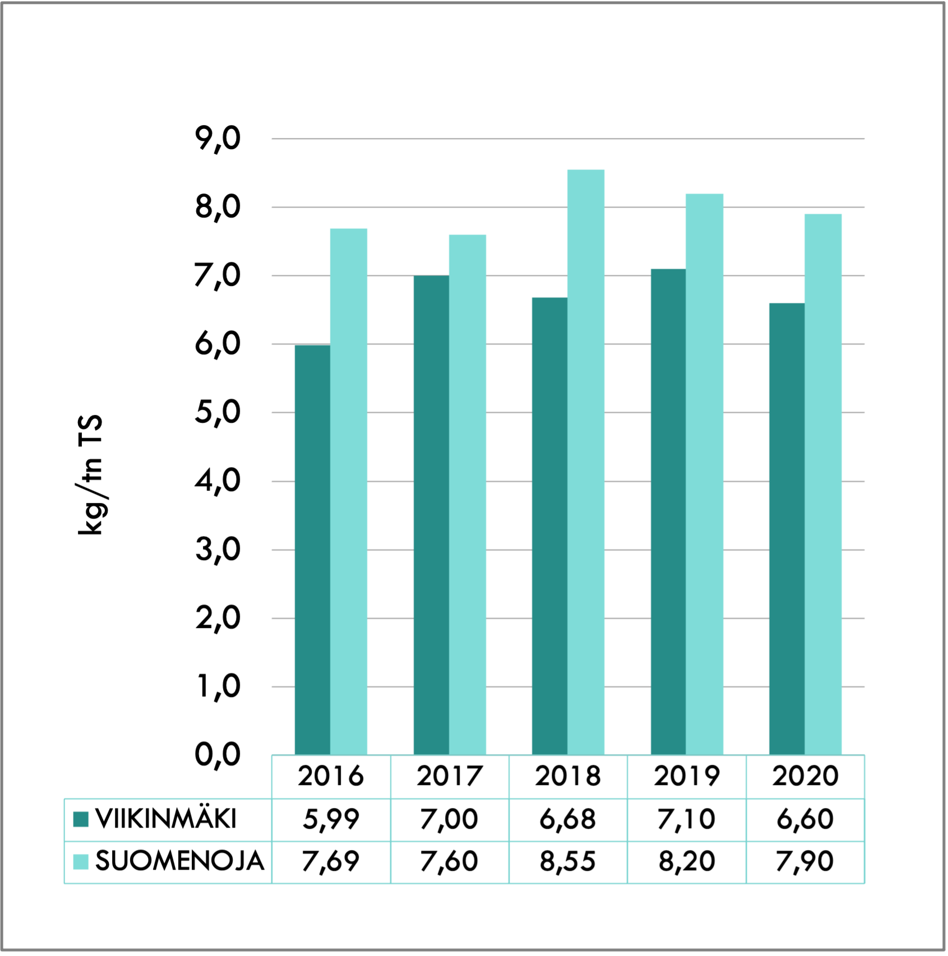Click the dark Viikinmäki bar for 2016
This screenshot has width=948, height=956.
(x=312, y=549)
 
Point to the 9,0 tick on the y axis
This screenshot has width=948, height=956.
(x=218, y=138)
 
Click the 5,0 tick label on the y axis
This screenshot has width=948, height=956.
(x=218, y=413)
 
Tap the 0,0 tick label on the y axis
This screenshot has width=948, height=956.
(x=218, y=755)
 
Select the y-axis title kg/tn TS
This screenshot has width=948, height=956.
(x=90, y=475)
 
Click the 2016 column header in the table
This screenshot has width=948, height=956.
(x=331, y=777)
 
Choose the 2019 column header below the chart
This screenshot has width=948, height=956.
(x=687, y=777)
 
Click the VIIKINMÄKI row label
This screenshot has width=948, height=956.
(x=166, y=819)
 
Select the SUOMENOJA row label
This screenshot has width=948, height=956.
(x=179, y=861)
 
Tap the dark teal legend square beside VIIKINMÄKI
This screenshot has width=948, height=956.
(x=81, y=819)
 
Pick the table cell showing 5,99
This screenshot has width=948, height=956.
(x=331, y=819)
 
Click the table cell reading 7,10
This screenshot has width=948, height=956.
(x=687, y=819)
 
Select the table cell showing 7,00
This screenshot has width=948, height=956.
(x=449, y=819)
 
